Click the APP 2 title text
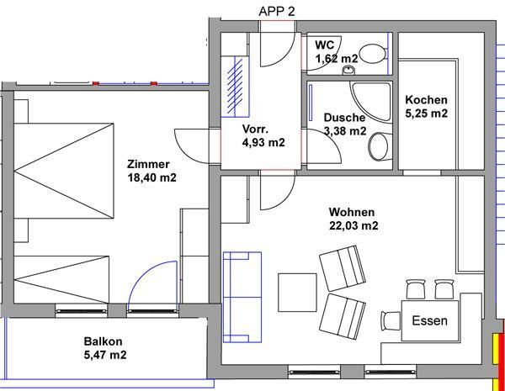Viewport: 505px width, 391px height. pos(277,12)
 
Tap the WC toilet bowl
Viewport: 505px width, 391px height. pos(373,54)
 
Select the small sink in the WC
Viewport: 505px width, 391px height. pos(348,69)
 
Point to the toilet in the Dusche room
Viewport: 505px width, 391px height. pos(380,146)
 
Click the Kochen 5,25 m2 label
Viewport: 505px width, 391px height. pos(426,107)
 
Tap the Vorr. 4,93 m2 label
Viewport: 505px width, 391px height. pos(263,135)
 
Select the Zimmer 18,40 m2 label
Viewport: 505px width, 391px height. pos(151,171)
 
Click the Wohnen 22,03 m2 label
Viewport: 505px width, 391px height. pos(353,219)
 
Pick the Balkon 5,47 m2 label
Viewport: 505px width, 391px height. pos(105,348)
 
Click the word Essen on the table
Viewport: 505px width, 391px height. pos(429,320)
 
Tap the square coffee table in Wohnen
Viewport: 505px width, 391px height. pos(297,293)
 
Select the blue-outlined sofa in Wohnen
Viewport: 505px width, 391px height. pos(242,297)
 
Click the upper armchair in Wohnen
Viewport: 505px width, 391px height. pos(343,268)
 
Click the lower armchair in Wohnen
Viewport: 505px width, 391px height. pos(344,316)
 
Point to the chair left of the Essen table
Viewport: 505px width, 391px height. pos(391,321)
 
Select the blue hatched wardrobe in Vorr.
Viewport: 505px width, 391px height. pos(236,86)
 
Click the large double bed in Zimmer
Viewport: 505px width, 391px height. pos(64,171)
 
